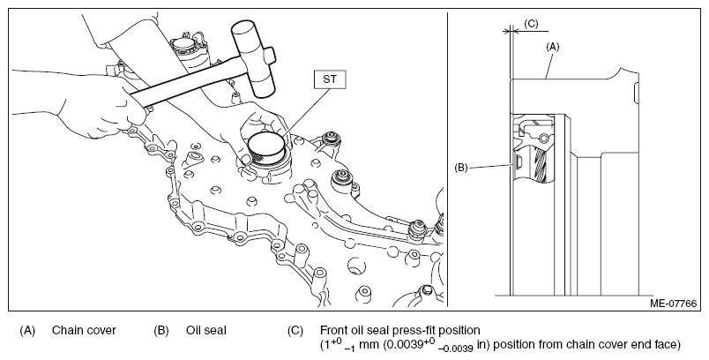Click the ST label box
coord(330,79)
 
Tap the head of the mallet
coord(252,57)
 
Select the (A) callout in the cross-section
coord(553,47)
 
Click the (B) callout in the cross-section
coord(460,168)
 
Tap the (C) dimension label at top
coord(531,24)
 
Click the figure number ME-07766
coord(673,303)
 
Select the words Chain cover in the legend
coord(84,331)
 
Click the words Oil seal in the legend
coord(205,331)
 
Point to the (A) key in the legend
coord(27,331)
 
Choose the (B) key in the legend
coord(161,331)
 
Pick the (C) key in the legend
coord(295,331)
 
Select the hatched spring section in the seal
coord(541,164)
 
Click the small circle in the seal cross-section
coord(544,138)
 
